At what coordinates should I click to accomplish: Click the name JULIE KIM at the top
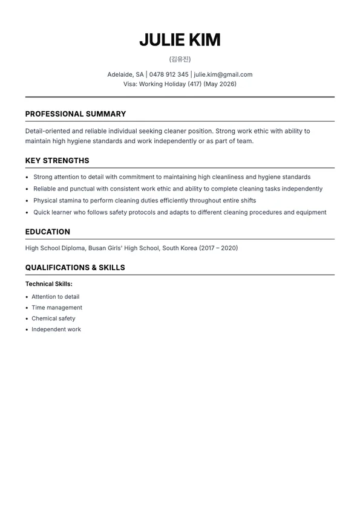[180, 40]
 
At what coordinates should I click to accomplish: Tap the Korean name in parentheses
[180, 59]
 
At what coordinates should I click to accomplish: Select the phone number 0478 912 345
[169, 74]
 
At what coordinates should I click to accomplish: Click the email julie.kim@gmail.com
[223, 74]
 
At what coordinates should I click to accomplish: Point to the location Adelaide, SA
[126, 74]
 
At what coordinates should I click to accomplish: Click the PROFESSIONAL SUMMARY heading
[76, 114]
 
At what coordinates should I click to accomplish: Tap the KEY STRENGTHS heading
[57, 161]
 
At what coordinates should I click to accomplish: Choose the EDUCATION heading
[48, 232]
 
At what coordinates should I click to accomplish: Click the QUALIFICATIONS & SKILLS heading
[75, 267]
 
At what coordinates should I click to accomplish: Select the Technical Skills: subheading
[49, 284]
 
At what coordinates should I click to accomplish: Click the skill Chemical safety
[53, 319]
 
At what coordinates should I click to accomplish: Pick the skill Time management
[57, 308]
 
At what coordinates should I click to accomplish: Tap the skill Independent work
[56, 329]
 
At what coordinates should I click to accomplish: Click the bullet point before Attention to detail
[27, 297]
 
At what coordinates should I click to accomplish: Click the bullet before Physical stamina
[27, 201]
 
